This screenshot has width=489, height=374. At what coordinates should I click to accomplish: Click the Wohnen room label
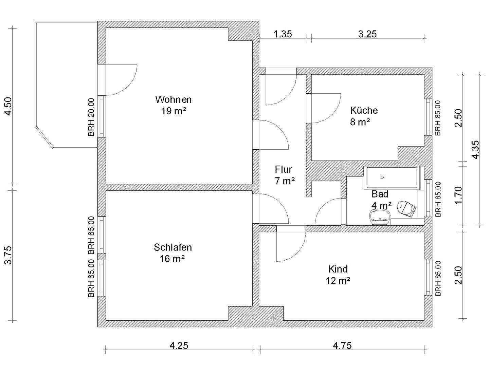[173, 99]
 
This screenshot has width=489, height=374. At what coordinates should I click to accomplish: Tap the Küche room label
[364, 110]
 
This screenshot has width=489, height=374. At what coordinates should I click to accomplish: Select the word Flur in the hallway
[283, 169]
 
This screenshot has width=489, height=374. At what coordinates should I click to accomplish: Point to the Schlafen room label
[173, 247]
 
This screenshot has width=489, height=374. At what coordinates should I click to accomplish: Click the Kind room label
[338, 269]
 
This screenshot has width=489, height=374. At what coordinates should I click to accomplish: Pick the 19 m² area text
[174, 111]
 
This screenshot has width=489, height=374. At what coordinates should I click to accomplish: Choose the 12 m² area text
[338, 281]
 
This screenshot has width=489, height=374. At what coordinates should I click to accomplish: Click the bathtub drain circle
[382, 177]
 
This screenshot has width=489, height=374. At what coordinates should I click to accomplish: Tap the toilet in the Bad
[406, 208]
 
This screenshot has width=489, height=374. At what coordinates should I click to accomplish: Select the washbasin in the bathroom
[380, 217]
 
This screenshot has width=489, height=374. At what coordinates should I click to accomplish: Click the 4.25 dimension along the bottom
[179, 346]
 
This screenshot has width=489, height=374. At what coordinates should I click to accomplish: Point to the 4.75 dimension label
[342, 346]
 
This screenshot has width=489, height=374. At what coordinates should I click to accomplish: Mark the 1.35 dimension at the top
[283, 34]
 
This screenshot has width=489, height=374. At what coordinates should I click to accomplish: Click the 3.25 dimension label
[367, 34]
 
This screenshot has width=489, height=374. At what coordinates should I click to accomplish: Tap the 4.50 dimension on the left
[9, 106]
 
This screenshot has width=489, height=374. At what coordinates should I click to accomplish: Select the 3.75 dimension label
[9, 255]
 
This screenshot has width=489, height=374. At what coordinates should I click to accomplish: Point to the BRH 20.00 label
[91, 117]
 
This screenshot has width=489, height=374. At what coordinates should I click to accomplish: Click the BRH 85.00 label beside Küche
[438, 118]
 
